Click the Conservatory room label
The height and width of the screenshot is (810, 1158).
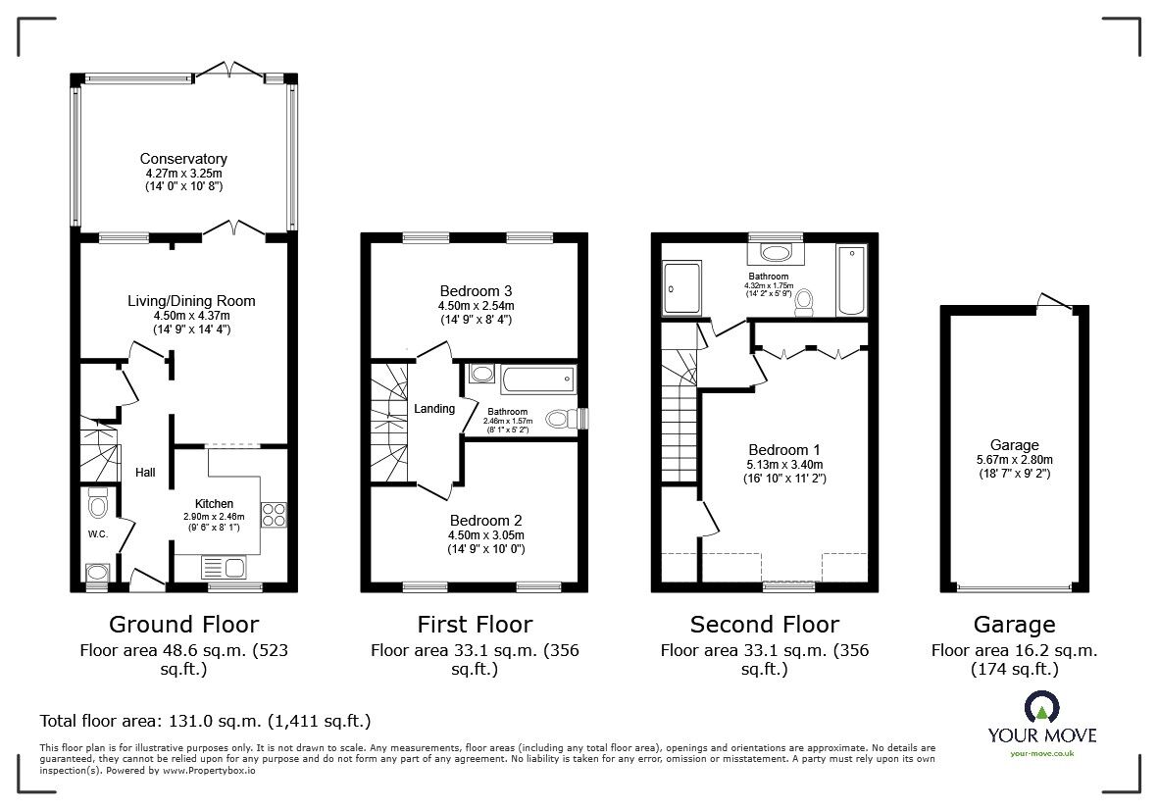[183, 159]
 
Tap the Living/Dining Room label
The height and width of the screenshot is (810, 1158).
[183, 300]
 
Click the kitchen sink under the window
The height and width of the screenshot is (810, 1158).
[225, 566]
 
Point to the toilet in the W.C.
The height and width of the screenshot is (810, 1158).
[97, 505]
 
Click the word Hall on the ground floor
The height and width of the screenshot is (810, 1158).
[145, 473]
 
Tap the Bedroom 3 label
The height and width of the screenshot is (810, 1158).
[476, 291]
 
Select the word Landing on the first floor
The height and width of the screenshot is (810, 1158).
[434, 409]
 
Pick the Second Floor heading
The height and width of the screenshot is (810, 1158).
[764, 625]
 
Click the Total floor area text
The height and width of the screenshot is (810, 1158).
[205, 721]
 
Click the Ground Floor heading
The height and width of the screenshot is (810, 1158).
[183, 625]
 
